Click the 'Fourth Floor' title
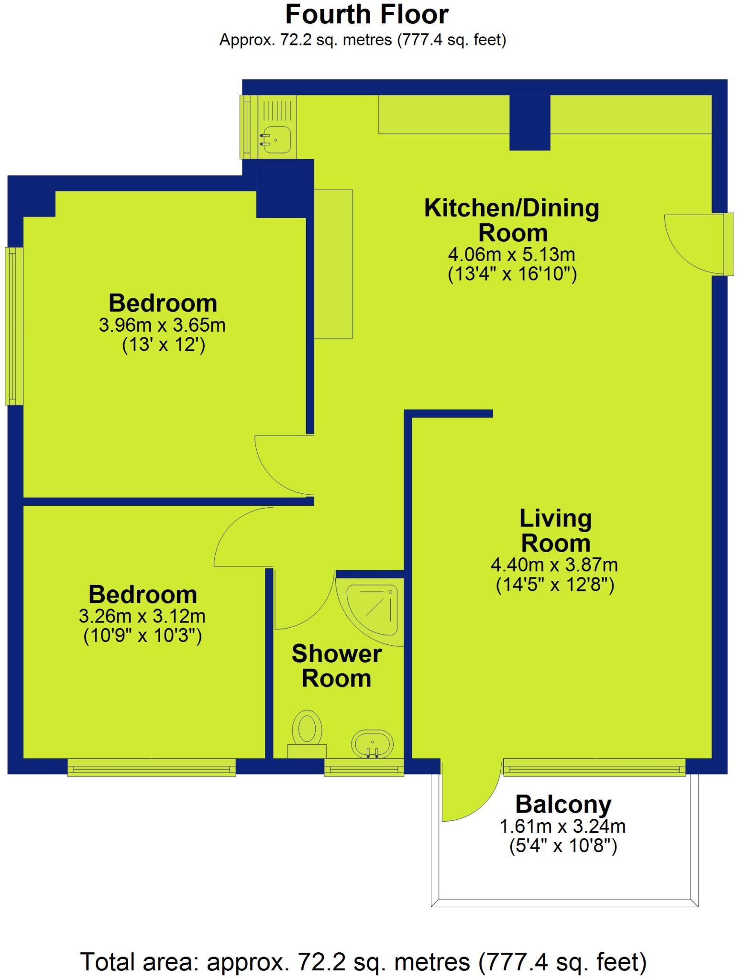[x=367, y=14]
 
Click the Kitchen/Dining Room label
[x=512, y=220]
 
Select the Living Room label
[x=555, y=531]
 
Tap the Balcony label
[x=563, y=805]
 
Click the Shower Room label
[x=337, y=666]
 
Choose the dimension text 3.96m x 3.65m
[x=162, y=325]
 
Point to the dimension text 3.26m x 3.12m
[x=142, y=616]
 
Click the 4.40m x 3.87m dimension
[x=554, y=565]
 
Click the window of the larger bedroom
[x=14, y=326]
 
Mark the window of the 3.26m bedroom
[x=152, y=767]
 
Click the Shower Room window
[x=364, y=767]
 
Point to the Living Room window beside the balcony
[x=594, y=767]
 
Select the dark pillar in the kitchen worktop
[x=529, y=122]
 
